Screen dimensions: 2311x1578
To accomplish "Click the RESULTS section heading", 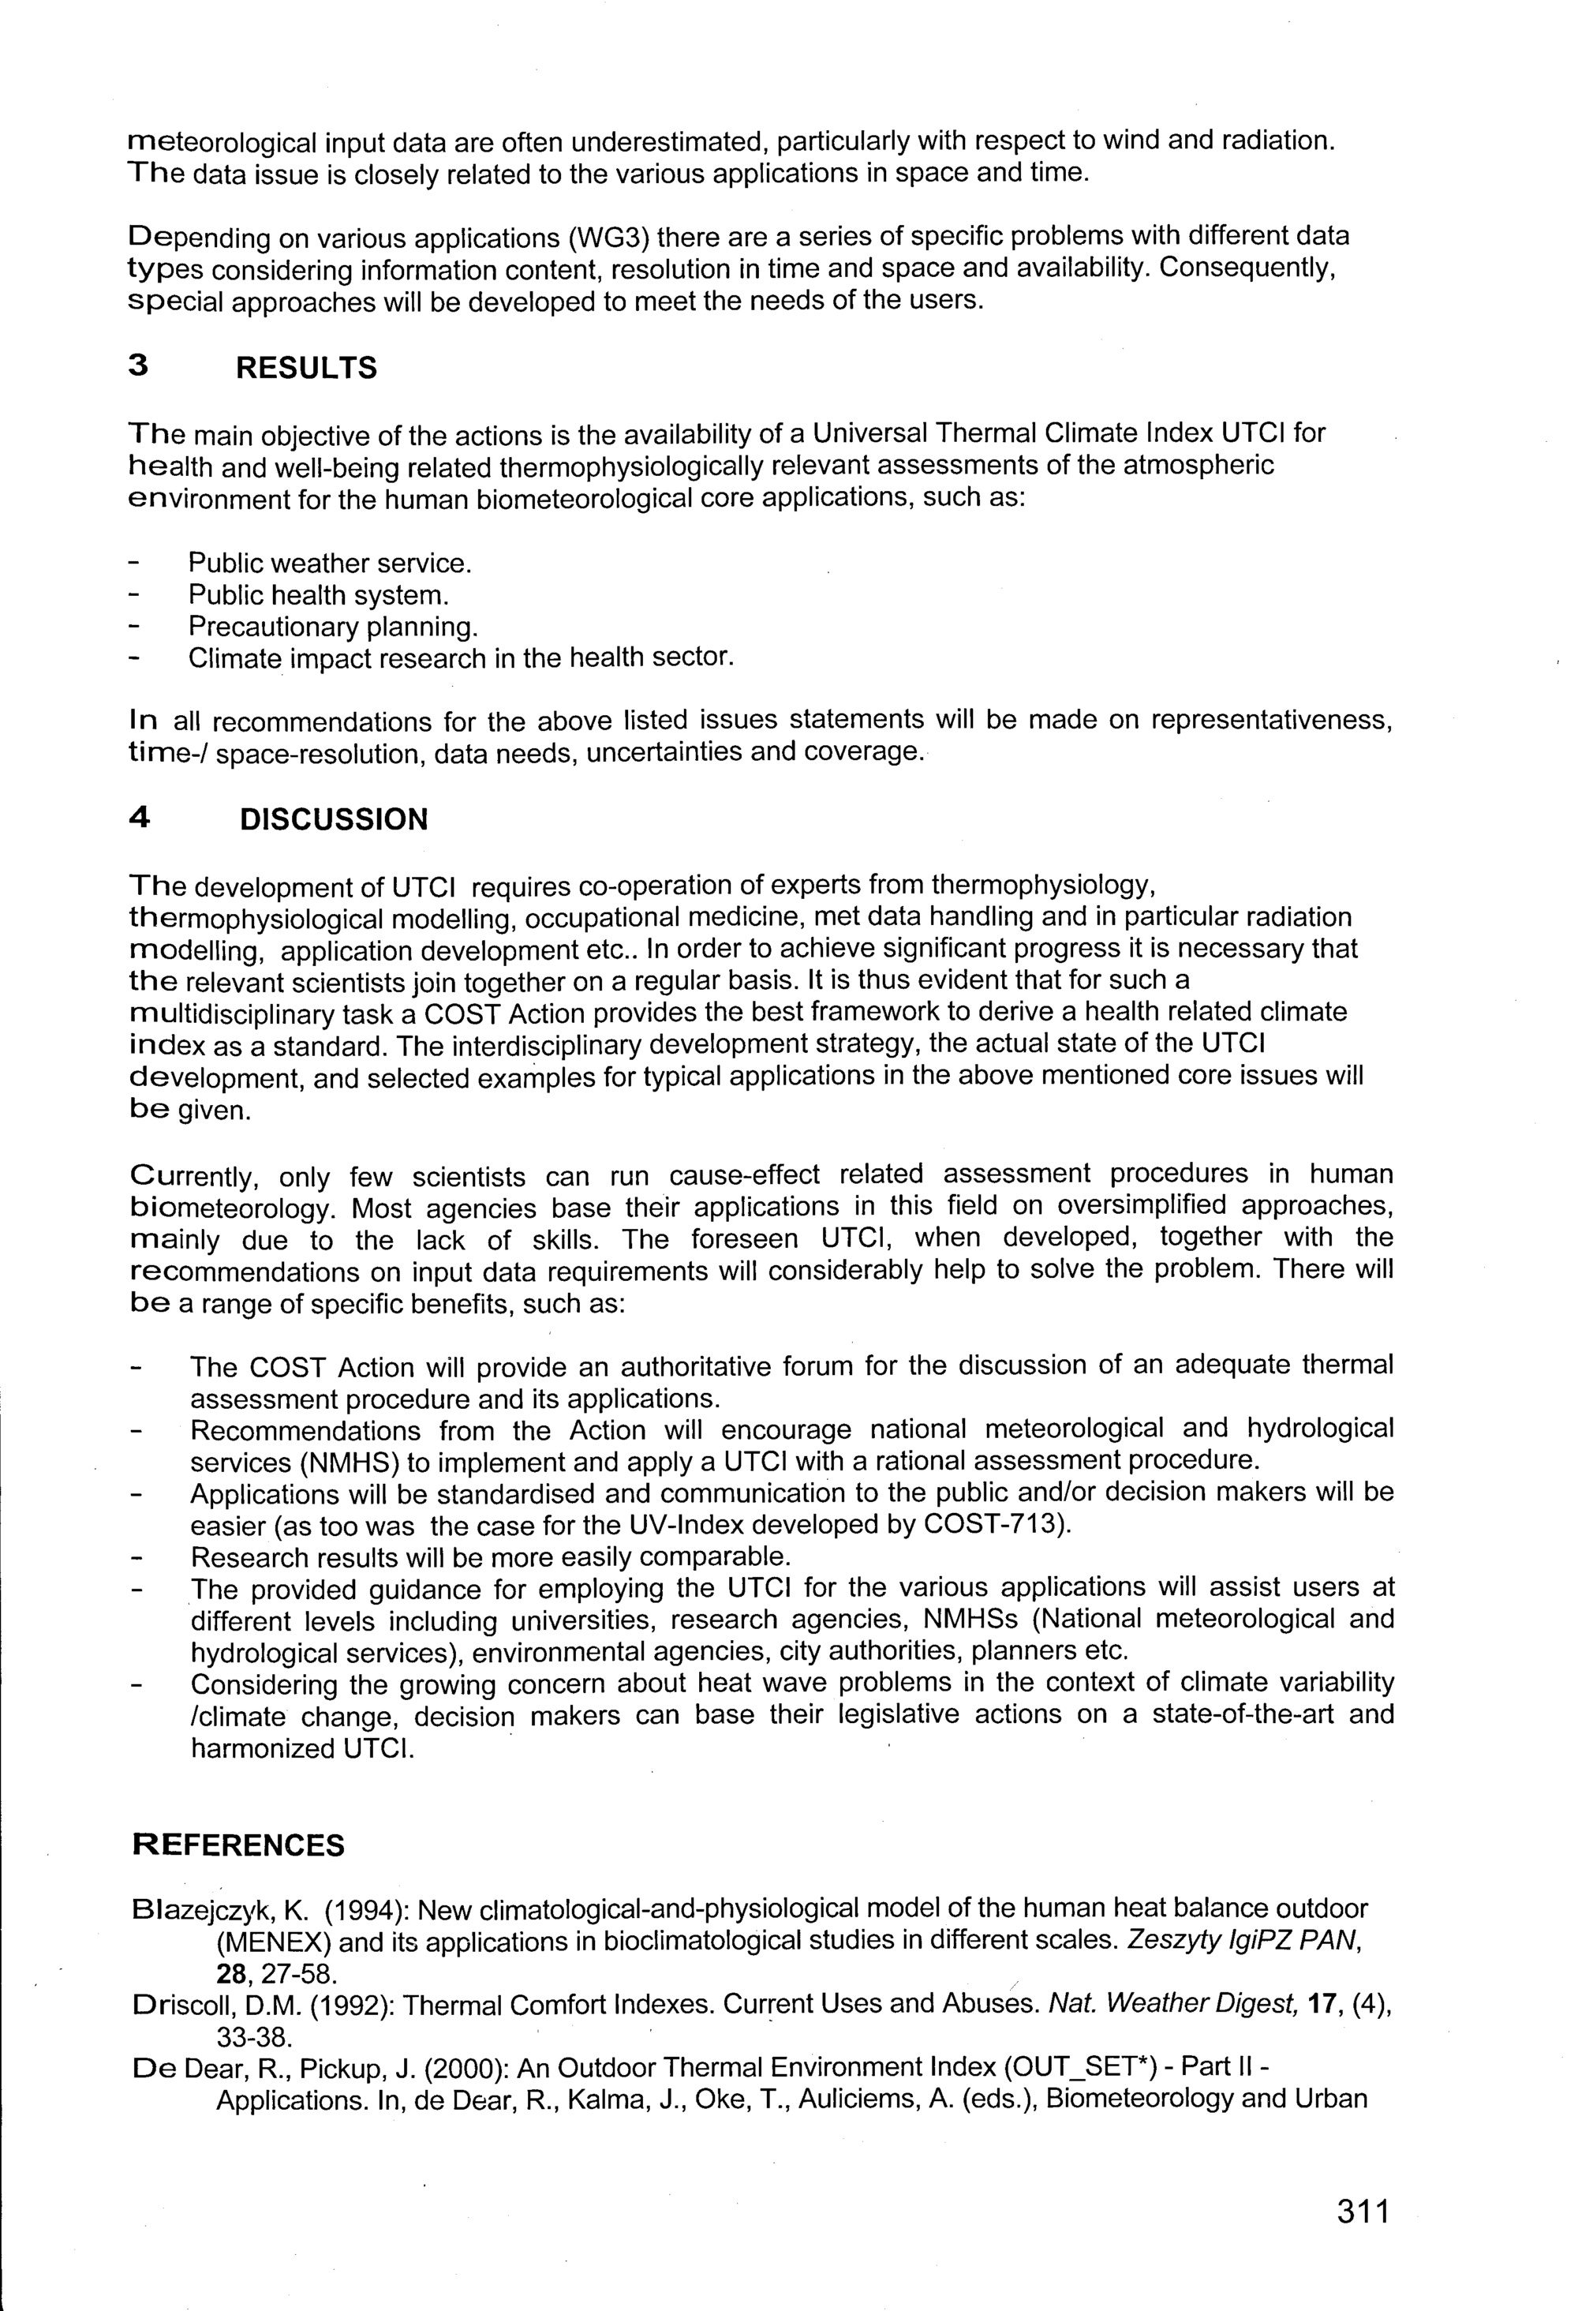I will pyautogui.click(x=306, y=368).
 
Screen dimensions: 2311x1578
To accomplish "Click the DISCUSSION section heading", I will pyautogui.click(x=334, y=819).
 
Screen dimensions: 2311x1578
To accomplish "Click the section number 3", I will pyautogui.click(x=139, y=367).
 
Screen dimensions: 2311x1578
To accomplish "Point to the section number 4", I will pyautogui.click(x=140, y=818).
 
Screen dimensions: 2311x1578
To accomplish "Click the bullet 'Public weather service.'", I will pyautogui.click(x=330, y=564).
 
